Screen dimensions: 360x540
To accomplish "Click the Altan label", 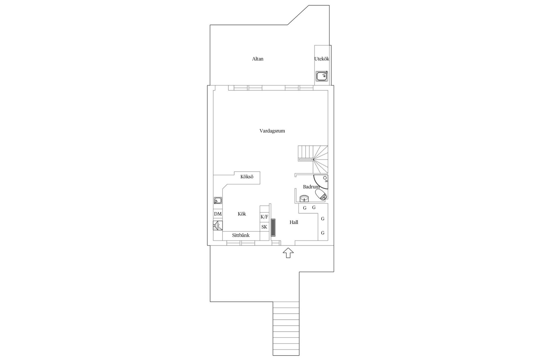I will [258, 59].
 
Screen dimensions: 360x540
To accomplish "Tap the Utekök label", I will [322, 59].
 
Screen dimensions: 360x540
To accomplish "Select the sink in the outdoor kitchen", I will [322, 76].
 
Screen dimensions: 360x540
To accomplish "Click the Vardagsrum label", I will [272, 131].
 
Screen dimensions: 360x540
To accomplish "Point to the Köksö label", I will [247, 177].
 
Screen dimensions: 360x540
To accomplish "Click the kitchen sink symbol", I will [218, 201].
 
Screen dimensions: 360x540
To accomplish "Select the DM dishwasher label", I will [218, 214].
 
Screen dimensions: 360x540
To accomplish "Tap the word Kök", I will [242, 214].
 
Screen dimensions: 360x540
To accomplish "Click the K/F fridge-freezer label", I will [264, 217].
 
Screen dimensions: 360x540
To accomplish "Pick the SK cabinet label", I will [264, 227].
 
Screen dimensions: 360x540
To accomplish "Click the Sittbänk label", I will [241, 235].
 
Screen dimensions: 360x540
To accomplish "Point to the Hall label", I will [294, 222].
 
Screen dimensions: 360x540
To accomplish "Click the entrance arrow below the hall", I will [288, 253].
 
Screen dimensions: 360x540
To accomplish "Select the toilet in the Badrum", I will [321, 195].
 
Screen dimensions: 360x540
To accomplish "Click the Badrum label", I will [311, 187].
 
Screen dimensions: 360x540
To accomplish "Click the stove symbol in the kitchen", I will [218, 226].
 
